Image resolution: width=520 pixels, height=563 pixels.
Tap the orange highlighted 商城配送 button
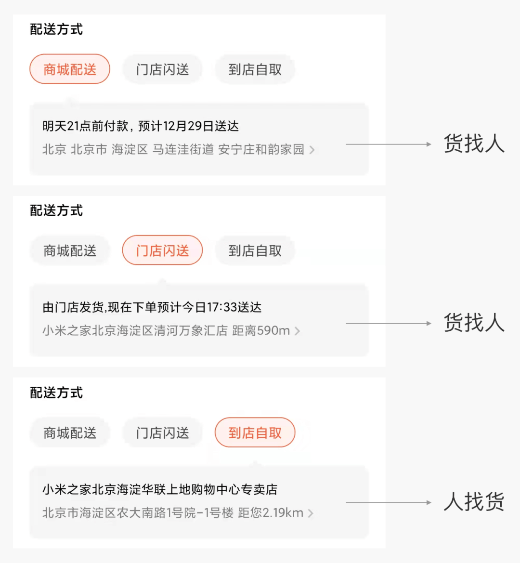tap(70, 69)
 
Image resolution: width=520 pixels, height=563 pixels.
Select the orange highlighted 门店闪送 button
tap(162, 250)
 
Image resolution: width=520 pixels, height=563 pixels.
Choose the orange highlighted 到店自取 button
tap(255, 432)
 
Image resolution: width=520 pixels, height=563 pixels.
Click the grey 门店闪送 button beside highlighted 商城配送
tap(162, 69)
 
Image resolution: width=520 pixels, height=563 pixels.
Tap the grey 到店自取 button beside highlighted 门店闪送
tap(255, 250)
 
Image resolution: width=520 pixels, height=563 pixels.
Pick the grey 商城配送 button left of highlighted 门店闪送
tap(70, 250)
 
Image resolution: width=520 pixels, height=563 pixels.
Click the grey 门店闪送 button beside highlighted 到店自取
tap(162, 432)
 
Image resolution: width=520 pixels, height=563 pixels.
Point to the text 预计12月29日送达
tap(188, 126)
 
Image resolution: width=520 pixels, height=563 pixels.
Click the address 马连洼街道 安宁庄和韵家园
tap(228, 150)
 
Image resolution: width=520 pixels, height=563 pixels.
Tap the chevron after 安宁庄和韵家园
tap(312, 150)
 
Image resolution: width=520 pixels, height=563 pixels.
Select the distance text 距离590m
tap(261, 331)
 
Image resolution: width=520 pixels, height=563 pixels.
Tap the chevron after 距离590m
tap(298, 331)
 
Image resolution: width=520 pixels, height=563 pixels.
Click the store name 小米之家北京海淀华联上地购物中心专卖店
tap(160, 489)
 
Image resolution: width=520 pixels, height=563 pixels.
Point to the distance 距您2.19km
tap(271, 513)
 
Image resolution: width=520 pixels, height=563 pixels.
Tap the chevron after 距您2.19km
tap(311, 513)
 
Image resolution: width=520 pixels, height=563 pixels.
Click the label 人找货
tap(474, 502)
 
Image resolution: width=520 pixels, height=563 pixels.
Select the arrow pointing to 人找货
tap(388, 503)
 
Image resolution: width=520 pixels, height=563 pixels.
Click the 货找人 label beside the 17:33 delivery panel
tap(474, 323)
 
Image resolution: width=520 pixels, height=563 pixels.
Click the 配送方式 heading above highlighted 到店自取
tap(56, 393)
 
